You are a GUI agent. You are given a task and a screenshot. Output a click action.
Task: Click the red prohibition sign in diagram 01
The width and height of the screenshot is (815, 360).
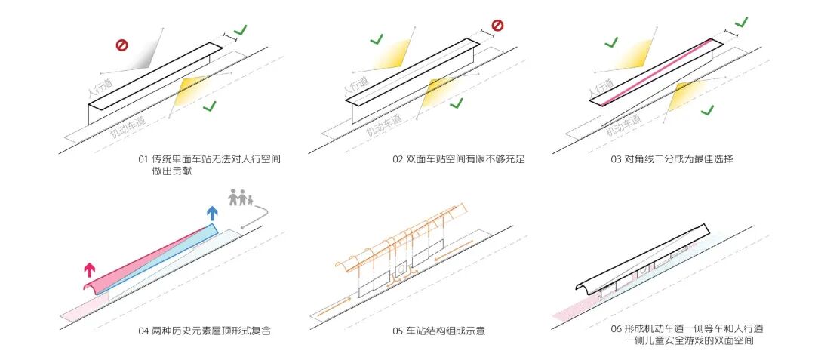pyautogui.click(x=121, y=45)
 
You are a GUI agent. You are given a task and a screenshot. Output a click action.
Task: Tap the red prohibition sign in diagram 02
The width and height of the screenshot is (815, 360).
pyautogui.click(x=497, y=26)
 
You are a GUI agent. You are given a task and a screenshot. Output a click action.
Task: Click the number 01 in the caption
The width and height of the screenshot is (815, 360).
pyautogui.click(x=143, y=159)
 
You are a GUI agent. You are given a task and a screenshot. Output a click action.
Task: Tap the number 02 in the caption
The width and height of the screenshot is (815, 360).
pyautogui.click(x=398, y=159)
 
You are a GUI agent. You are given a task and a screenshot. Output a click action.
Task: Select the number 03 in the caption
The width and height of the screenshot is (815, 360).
pyautogui.click(x=617, y=159)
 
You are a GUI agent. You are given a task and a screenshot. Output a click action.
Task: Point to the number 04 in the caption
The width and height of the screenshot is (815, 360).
pyautogui.click(x=143, y=331)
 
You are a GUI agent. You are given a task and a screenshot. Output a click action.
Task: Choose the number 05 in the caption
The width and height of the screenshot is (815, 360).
pyautogui.click(x=398, y=331)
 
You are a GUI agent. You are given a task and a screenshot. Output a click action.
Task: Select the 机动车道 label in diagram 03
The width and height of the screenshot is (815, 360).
pyautogui.click(x=623, y=125)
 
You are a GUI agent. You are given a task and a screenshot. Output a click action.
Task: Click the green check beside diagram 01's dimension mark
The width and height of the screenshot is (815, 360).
pyautogui.click(x=241, y=30)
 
